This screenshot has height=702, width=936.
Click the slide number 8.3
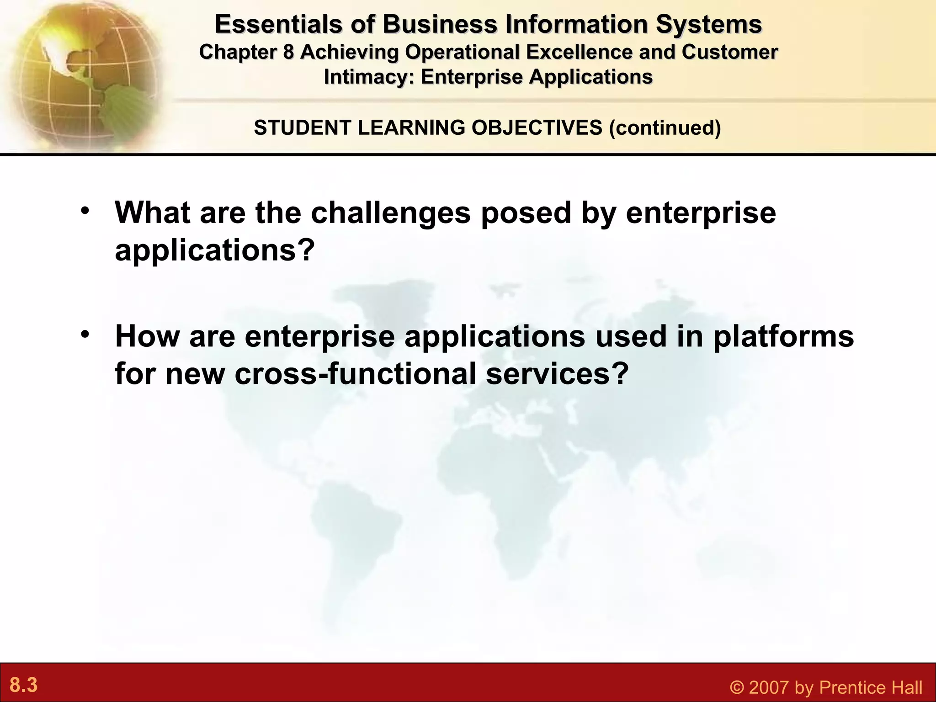[24, 685]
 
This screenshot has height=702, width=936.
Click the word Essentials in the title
[278, 24]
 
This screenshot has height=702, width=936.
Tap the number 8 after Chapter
[288, 52]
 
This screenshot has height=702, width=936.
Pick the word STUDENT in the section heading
[303, 128]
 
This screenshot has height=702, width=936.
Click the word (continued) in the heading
[665, 128]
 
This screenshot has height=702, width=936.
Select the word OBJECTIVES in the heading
[537, 128]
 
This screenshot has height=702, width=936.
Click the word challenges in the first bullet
[391, 213]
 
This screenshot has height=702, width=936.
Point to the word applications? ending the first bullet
[215, 250]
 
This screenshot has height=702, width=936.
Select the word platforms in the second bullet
[783, 336]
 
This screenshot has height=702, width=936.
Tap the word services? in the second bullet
[557, 373]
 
